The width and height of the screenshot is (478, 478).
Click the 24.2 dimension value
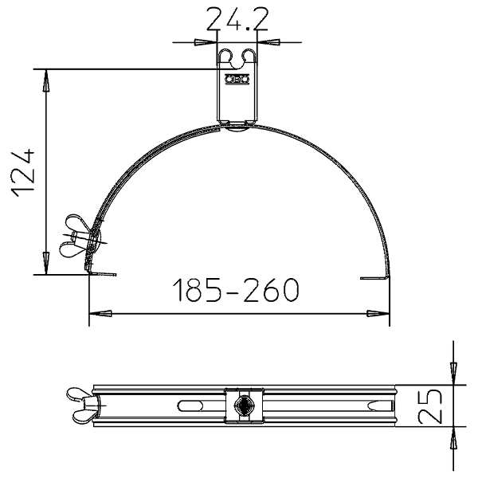[x=237, y=19]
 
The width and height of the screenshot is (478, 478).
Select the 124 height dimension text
[x=23, y=173]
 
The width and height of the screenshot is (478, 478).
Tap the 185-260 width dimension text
[x=236, y=290]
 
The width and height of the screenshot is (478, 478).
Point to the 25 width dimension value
[x=430, y=406]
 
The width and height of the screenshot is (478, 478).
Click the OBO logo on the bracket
[x=237, y=80]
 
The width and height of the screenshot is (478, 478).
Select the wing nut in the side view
[x=78, y=235]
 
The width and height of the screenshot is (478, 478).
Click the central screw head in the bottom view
[x=243, y=406]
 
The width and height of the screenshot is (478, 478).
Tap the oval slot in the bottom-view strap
[x=190, y=406]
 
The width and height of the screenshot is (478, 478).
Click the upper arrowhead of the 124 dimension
[x=45, y=80]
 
